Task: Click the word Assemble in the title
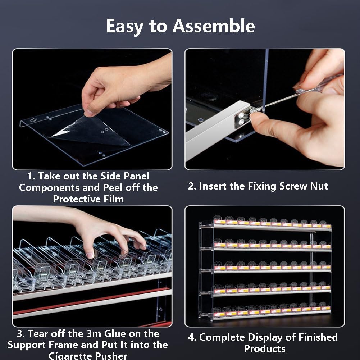pos(214,26)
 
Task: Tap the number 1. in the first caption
pos(31,176)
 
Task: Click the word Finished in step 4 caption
pos(318,337)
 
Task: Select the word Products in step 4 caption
pos(264,349)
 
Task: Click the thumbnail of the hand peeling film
pos(92,109)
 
